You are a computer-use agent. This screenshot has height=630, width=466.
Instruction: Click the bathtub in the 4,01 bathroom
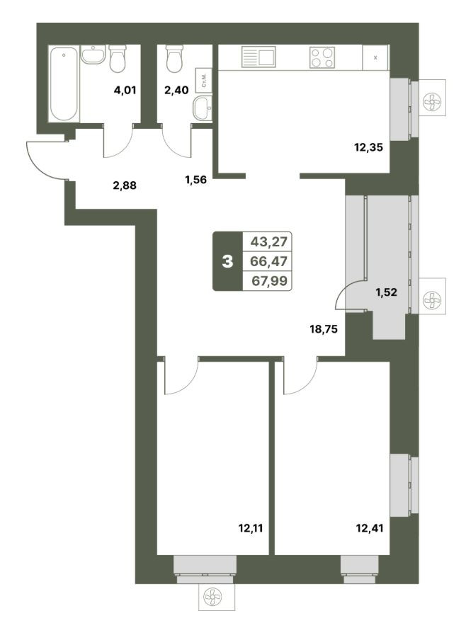pyautogui.click(x=64, y=84)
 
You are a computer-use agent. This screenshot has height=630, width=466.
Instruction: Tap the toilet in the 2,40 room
pyautogui.click(x=174, y=59)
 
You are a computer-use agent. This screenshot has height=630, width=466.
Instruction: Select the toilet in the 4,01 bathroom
pyautogui.click(x=118, y=59)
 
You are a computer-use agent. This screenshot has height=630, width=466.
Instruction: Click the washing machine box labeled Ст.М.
pyautogui.click(x=204, y=81)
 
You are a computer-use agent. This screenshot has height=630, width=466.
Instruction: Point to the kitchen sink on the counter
pyautogui.click(x=258, y=57)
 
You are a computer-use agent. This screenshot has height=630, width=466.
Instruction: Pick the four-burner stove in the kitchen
pyautogui.click(x=322, y=57)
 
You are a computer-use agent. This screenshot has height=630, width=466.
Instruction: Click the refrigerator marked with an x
pyautogui.click(x=375, y=58)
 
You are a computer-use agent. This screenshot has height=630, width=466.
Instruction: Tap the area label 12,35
pyautogui.click(x=368, y=147)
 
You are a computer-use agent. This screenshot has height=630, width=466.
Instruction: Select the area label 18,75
pyautogui.click(x=324, y=330)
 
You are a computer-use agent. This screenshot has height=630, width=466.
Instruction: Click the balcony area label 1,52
pyautogui.click(x=386, y=292)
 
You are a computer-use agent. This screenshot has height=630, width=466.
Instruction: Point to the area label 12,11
pyautogui.click(x=251, y=528)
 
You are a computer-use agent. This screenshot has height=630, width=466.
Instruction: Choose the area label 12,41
pyautogui.click(x=370, y=528)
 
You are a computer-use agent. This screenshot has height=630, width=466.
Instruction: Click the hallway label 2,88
pyautogui.click(x=125, y=185)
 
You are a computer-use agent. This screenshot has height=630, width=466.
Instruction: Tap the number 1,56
pyautogui.click(x=195, y=180)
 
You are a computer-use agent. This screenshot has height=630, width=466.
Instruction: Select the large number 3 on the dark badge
pyautogui.click(x=227, y=262)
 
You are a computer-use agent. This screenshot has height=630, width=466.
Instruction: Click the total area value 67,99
pyautogui.click(x=269, y=281)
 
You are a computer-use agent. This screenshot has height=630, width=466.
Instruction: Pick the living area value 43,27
pyautogui.click(x=269, y=241)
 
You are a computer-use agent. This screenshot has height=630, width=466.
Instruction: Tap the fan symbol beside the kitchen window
pyautogui.click(x=432, y=102)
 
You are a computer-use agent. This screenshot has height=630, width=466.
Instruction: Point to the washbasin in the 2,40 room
pyautogui.click(x=203, y=108)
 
